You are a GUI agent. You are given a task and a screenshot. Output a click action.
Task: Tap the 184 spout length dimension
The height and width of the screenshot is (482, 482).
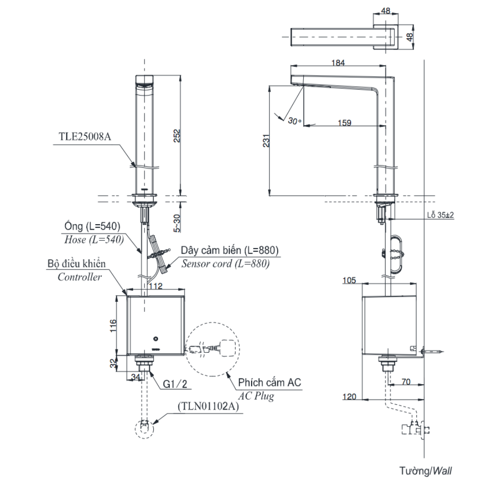click(x=338, y=62)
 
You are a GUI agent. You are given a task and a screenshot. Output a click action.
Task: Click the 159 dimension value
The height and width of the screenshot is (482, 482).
click(x=344, y=123)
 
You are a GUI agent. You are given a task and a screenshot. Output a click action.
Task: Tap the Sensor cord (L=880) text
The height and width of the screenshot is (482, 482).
click(x=225, y=264)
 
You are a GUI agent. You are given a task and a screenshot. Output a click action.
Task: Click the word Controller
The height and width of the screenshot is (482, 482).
click(x=80, y=277)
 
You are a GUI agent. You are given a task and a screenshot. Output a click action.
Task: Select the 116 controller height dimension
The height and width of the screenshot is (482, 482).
click(x=112, y=325)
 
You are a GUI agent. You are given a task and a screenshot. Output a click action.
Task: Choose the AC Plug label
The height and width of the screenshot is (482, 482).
click(x=256, y=396)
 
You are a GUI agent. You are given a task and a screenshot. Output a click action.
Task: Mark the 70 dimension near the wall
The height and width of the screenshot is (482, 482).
click(x=405, y=382)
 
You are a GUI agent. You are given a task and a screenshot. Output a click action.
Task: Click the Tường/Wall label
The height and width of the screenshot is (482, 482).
click(x=426, y=470)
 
